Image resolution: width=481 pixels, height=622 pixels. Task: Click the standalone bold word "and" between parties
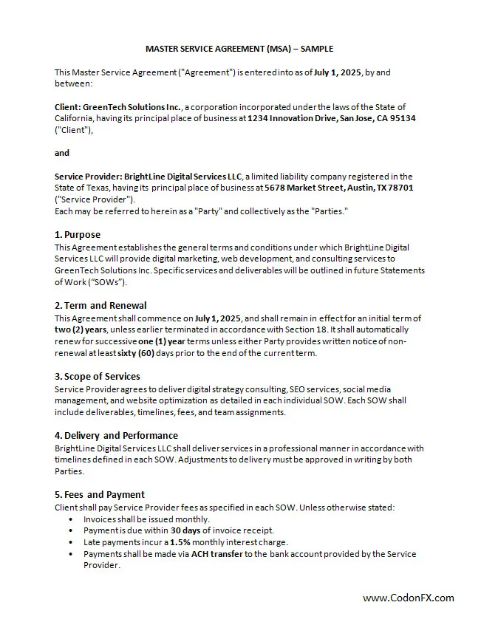(x=62, y=153)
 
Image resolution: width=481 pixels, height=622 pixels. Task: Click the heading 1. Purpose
(x=78, y=235)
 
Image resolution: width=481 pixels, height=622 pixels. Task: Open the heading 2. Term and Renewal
(x=100, y=305)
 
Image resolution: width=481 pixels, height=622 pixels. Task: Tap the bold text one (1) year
(x=162, y=341)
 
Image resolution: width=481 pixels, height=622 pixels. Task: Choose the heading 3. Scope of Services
(x=98, y=376)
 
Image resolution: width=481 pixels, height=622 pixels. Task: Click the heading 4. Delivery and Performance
(x=116, y=435)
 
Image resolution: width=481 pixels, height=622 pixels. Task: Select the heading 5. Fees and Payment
(x=100, y=494)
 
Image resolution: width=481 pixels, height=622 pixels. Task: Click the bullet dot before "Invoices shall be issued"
(x=71, y=519)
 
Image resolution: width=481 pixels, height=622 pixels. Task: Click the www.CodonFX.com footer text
(x=409, y=598)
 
